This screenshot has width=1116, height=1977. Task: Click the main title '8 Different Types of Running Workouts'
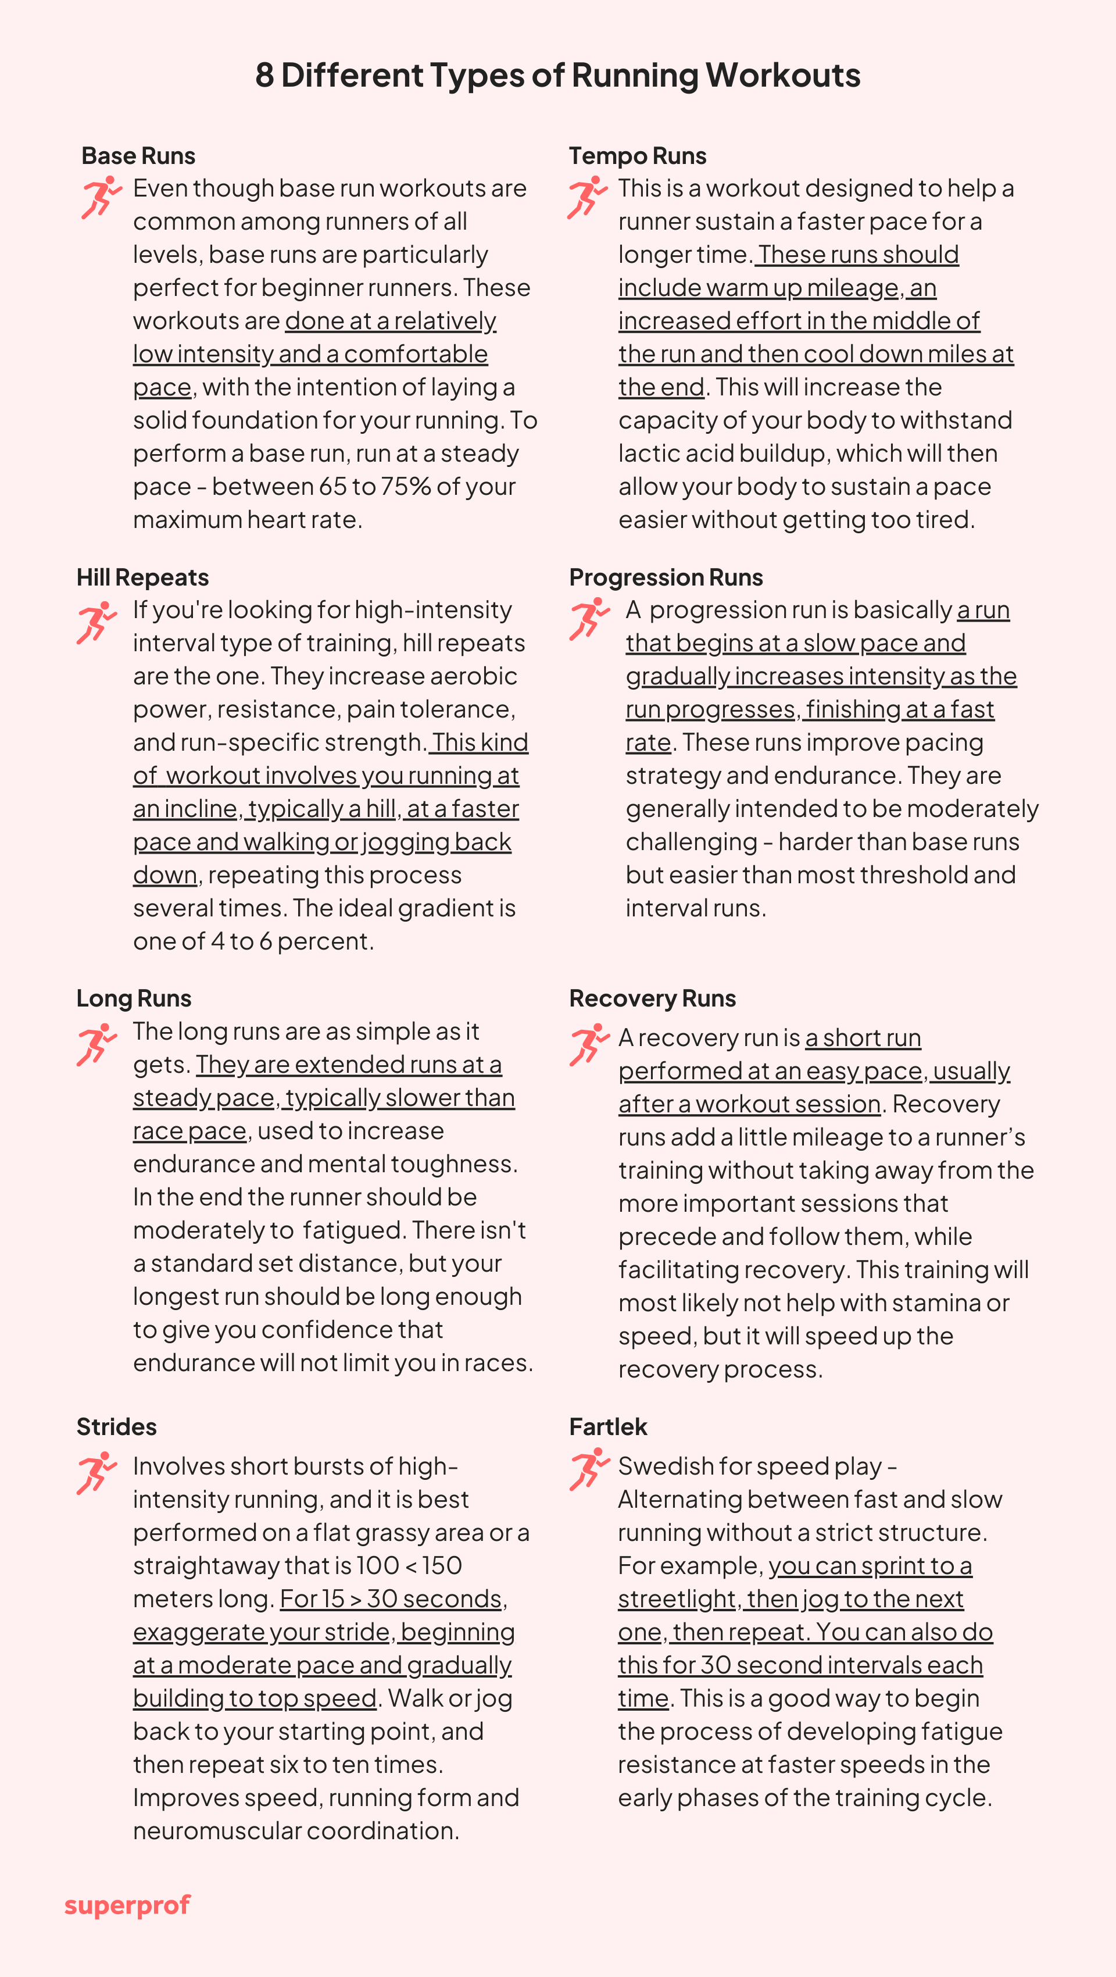557,75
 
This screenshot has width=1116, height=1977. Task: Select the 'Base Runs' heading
138,156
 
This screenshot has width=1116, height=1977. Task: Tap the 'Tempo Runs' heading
638,156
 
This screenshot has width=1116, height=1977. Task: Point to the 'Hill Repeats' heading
142,577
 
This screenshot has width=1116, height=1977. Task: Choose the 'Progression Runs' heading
666,577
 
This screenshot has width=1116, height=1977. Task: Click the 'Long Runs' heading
134,998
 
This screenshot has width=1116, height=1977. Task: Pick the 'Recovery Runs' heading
652,998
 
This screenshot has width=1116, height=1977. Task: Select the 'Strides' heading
117,1427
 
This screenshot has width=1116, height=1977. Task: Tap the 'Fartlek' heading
608,1427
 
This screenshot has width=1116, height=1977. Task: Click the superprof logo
127,1905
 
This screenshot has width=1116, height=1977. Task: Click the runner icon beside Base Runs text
101,197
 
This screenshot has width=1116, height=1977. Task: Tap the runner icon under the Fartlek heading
589,1470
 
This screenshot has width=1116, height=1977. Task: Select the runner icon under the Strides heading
96,1473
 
